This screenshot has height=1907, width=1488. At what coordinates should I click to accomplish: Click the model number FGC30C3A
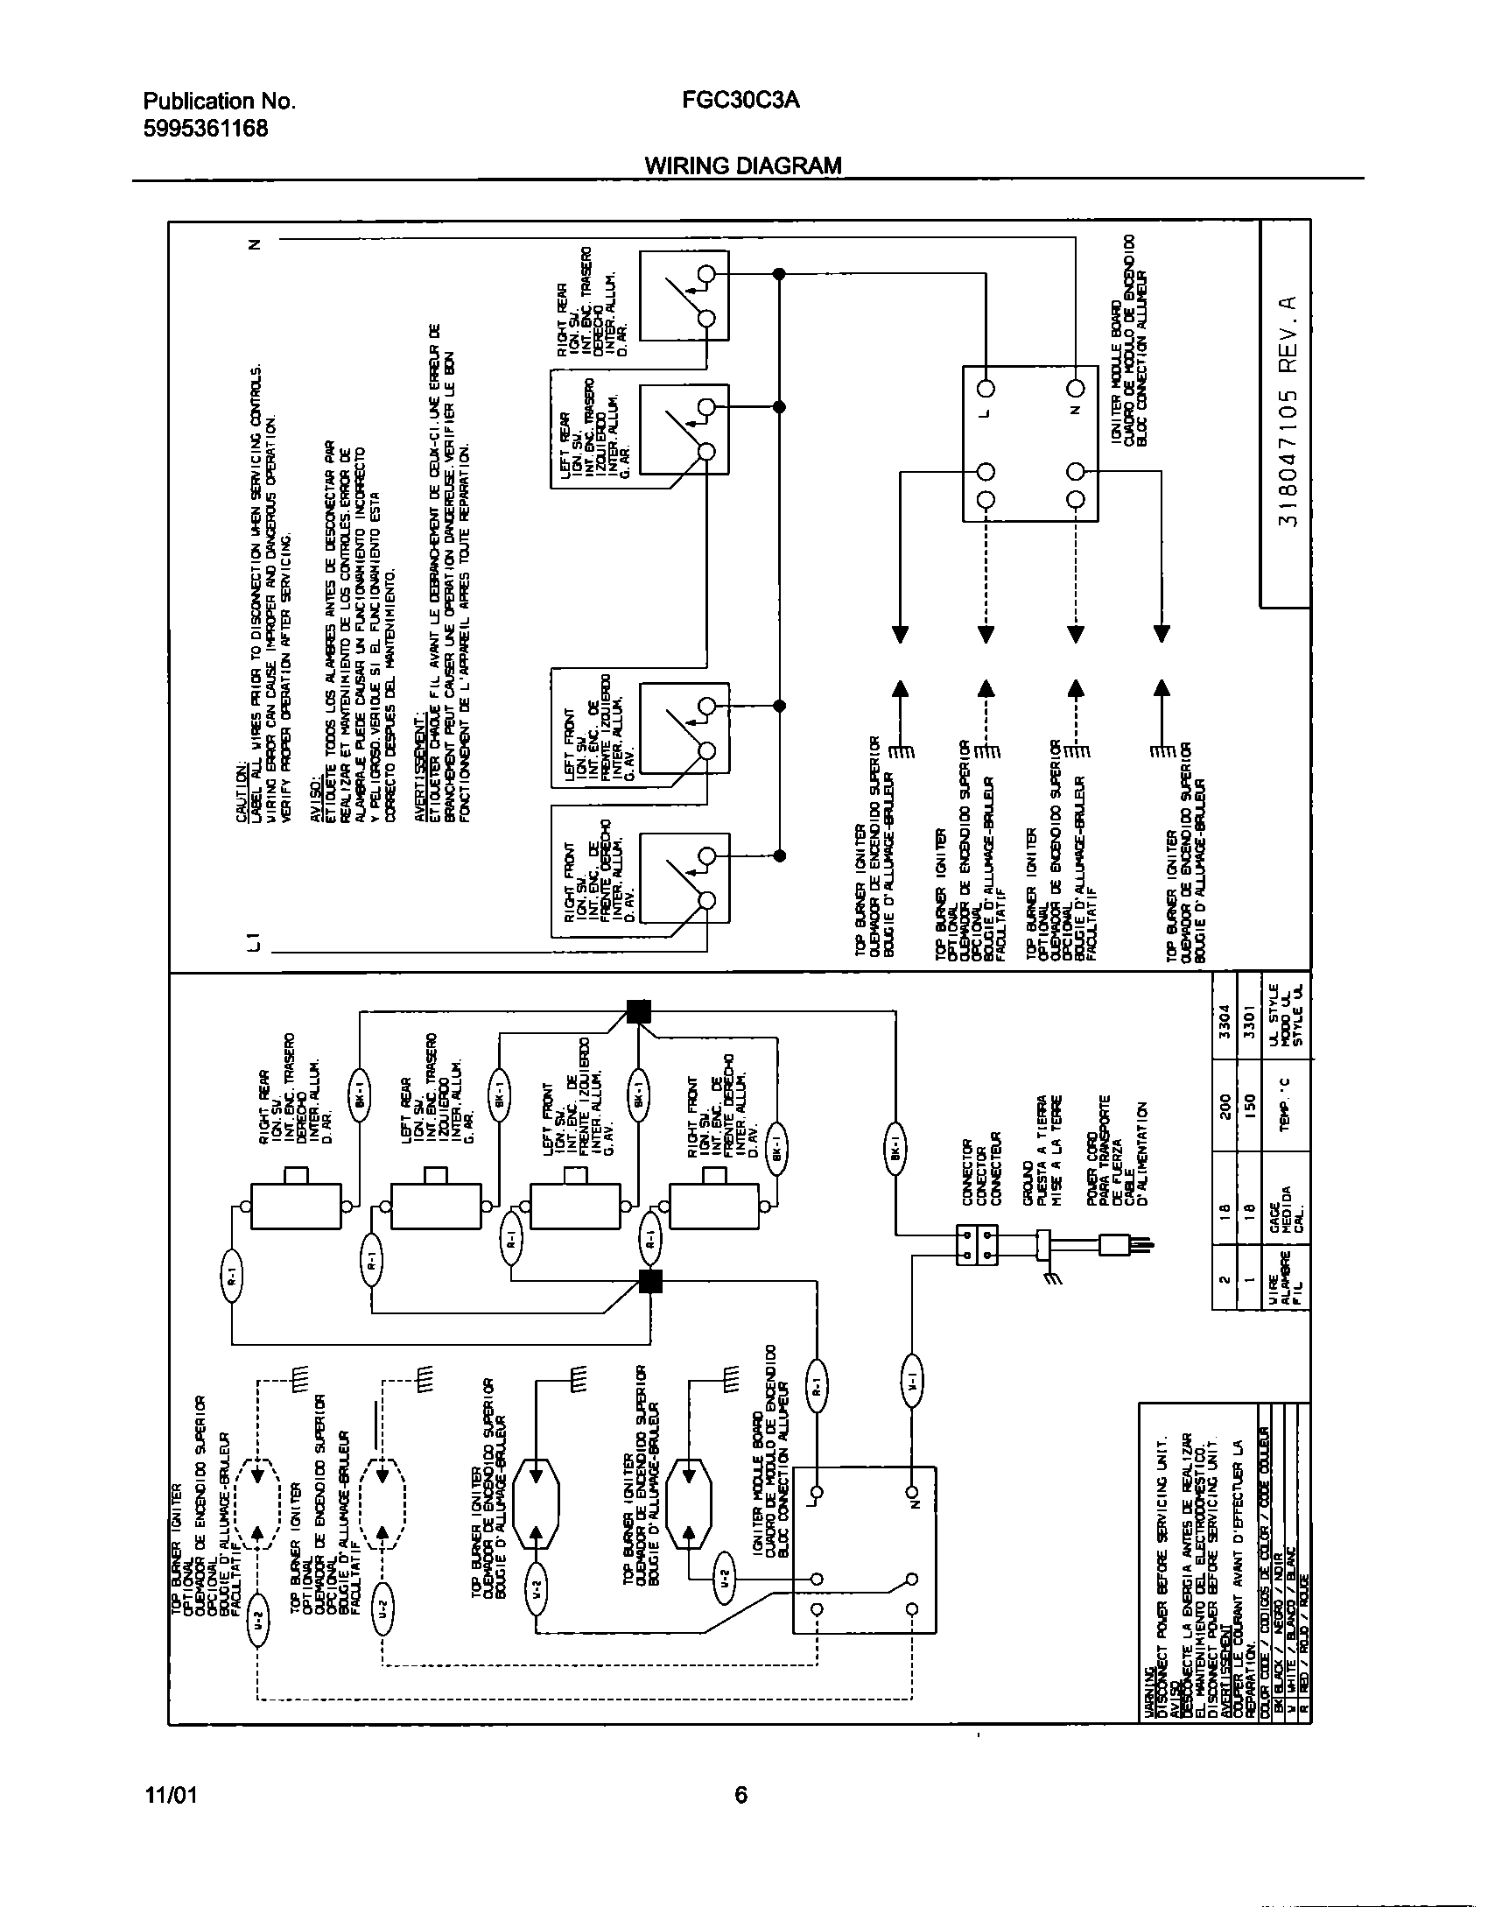click(740, 101)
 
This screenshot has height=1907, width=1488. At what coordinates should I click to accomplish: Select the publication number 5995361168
click(205, 129)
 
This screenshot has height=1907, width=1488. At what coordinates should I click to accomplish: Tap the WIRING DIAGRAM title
click(743, 165)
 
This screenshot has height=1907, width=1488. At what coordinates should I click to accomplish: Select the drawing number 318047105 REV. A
click(1286, 411)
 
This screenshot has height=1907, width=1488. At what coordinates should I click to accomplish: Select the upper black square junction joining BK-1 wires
click(639, 1011)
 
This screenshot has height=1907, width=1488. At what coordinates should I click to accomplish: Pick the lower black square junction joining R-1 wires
click(649, 1281)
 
